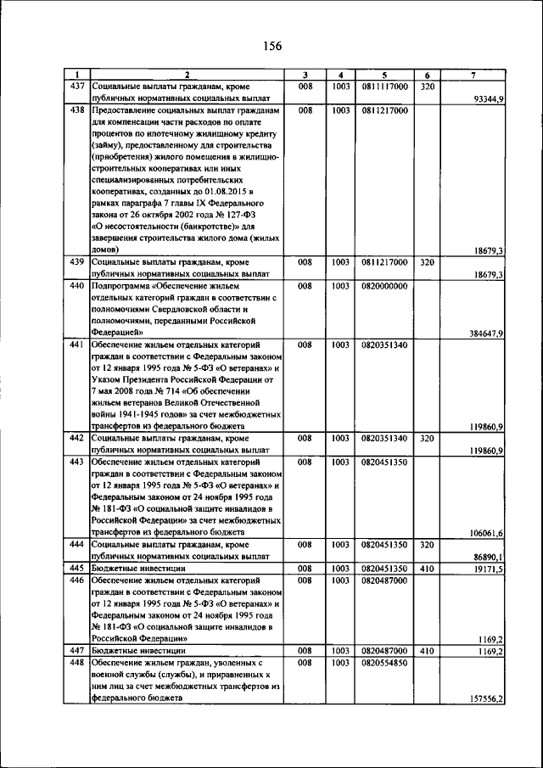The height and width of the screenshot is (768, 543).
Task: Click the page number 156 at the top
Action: (271, 46)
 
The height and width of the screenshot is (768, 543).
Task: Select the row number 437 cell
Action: (76, 87)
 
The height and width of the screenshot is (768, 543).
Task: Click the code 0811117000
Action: (384, 87)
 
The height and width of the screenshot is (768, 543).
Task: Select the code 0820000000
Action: (384, 286)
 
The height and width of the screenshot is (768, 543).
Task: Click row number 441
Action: (76, 345)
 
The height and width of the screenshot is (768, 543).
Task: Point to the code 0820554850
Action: (384, 663)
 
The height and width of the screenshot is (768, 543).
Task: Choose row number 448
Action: (76, 663)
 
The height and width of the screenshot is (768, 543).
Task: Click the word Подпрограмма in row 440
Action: (121, 286)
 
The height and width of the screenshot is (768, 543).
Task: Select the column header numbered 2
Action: (187, 75)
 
